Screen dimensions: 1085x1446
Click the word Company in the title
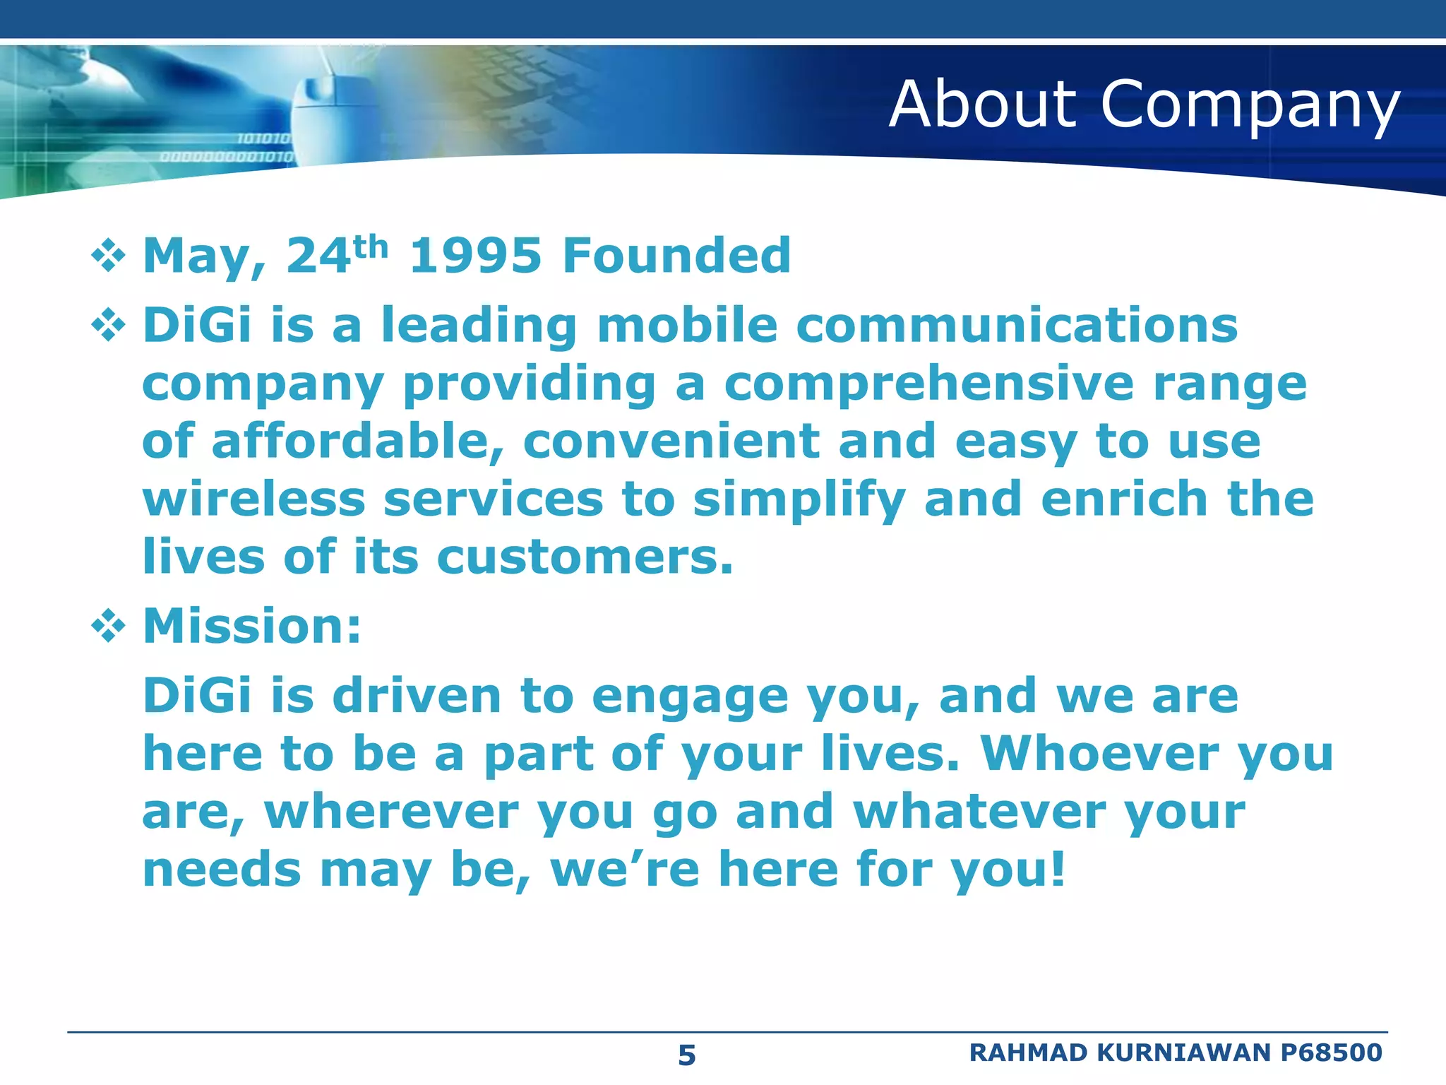click(x=1250, y=106)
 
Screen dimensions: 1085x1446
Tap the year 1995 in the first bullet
click(x=475, y=256)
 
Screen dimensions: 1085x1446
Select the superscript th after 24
click(x=371, y=247)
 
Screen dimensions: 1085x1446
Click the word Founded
click(x=676, y=256)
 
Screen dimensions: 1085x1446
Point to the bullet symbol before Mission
click(x=108, y=626)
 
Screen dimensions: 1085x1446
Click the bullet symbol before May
click(x=108, y=256)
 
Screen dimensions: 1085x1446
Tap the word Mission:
click(x=252, y=626)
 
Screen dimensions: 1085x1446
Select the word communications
click(x=1017, y=326)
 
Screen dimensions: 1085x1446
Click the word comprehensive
click(x=928, y=385)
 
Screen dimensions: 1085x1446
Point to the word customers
click(x=585, y=557)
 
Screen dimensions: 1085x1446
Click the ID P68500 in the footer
click(x=1331, y=1053)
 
